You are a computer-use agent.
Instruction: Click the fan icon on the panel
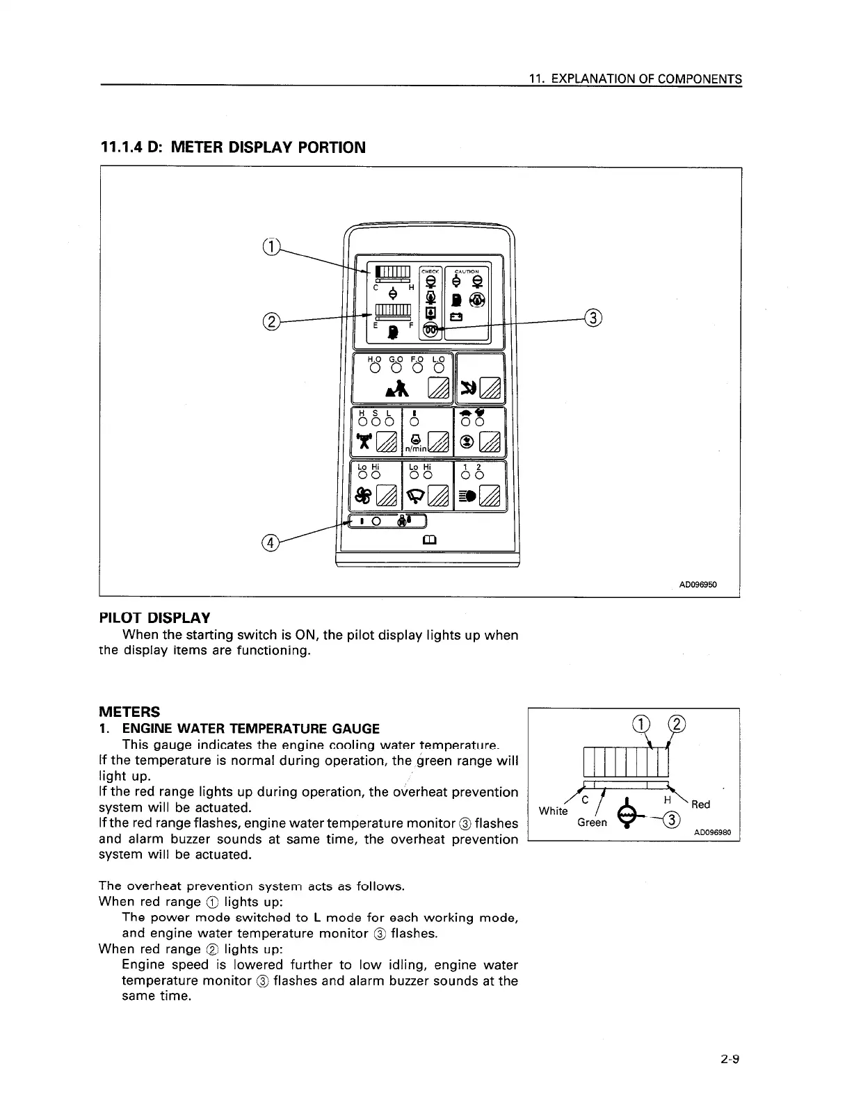[x=363, y=495]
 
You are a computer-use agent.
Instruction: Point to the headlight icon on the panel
[x=467, y=496]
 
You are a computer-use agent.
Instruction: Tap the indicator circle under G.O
[x=395, y=368]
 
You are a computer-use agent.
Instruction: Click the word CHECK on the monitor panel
[x=431, y=271]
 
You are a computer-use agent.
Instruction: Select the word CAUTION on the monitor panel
[x=467, y=271]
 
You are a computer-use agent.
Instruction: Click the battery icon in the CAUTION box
[x=456, y=318]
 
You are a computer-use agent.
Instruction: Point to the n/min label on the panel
[x=415, y=450]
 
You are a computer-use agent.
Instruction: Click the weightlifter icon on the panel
[x=363, y=441]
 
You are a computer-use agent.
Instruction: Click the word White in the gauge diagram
[x=553, y=811]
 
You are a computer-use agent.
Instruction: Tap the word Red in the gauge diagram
[x=700, y=804]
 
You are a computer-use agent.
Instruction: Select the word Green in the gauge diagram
[x=592, y=823]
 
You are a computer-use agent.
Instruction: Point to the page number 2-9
[x=730, y=1060]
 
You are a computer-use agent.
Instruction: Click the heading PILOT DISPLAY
[x=154, y=618]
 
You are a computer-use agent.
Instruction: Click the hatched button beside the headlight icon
[x=490, y=496]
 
